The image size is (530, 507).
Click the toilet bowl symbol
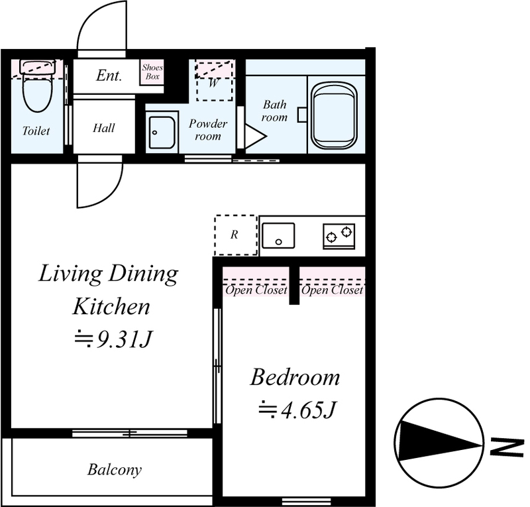[38, 86]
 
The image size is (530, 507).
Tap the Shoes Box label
[152, 72]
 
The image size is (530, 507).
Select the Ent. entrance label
[109, 76]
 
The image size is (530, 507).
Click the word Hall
[104, 128]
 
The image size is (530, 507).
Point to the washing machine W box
[214, 80]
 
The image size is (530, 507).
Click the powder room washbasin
[162, 133]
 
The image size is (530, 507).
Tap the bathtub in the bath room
[335, 115]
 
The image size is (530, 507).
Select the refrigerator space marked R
[236, 235]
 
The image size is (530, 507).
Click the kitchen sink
[278, 235]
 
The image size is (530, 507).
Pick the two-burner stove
[339, 236]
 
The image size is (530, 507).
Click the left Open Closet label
[256, 290]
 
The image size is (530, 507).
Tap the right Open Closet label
[333, 290]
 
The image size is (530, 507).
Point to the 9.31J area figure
[113, 339]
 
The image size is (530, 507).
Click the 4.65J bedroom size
[297, 410]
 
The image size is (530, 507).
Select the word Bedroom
[295, 377]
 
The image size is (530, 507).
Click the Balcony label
[115, 470]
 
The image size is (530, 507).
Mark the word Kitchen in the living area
[111, 306]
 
